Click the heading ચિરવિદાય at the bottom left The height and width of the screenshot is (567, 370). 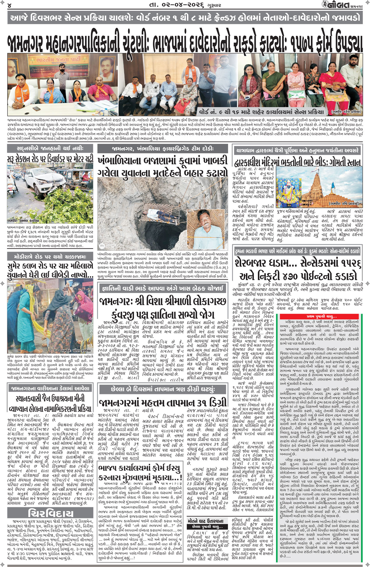50,513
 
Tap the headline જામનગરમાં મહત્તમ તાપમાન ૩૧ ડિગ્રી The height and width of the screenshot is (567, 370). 163,402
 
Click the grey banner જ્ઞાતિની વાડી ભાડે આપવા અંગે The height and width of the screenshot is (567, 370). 162,288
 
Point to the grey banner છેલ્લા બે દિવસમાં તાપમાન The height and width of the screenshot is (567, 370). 163,389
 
